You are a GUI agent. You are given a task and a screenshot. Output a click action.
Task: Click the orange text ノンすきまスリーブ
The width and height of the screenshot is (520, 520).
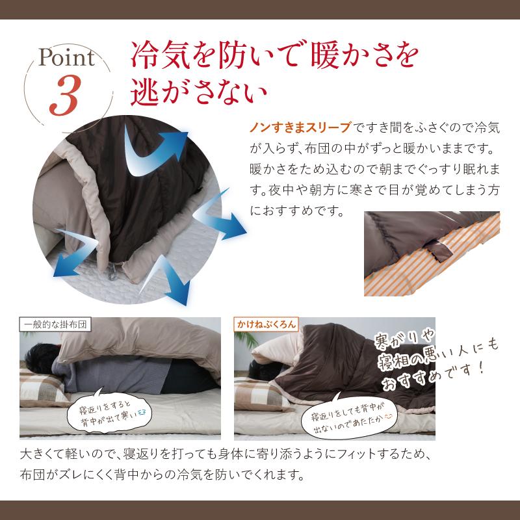pos(300,126)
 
